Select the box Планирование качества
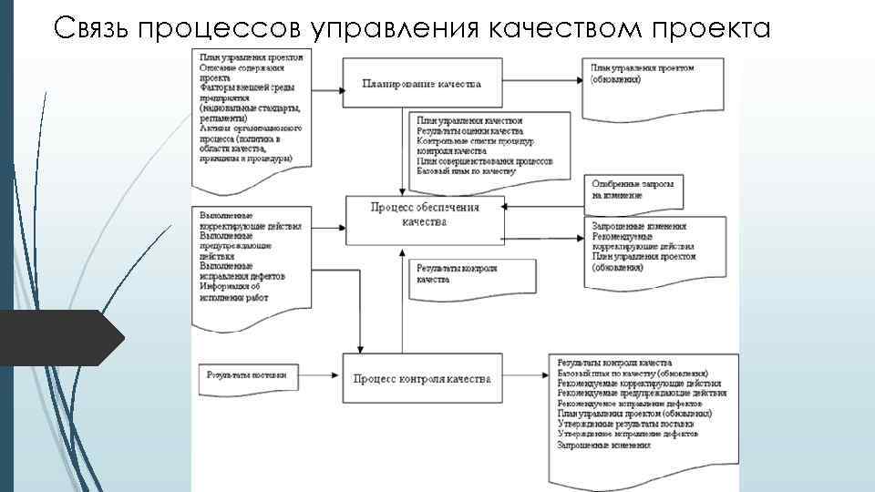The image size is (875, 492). (421, 84)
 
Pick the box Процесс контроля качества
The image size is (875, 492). (421, 378)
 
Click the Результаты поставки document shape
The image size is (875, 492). (246, 374)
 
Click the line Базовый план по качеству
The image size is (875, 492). (465, 170)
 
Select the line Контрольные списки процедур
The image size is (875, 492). (475, 143)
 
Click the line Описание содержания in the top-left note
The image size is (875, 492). (242, 67)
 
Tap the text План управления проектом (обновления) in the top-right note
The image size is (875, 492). (642, 73)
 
